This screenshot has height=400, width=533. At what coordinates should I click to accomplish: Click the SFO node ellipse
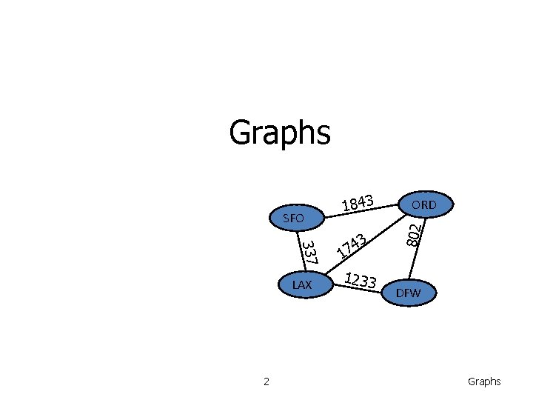tap(294, 219)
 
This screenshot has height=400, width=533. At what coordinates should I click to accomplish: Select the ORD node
tap(424, 204)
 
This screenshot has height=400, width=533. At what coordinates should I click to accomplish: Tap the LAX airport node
tap(302, 285)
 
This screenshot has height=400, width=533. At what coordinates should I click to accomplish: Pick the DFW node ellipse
tap(408, 293)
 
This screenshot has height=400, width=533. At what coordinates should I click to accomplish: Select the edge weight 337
tap(310, 253)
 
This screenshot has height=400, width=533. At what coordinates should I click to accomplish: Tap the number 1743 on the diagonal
tap(352, 245)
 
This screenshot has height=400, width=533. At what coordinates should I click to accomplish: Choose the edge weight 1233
tap(361, 280)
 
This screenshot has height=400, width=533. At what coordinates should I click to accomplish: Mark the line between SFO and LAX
tap(298, 252)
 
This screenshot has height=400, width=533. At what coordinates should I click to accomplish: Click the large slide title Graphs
tap(279, 133)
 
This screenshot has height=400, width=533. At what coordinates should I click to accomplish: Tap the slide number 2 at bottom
tap(266, 381)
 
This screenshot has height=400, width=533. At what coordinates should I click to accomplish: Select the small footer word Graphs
tap(484, 381)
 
